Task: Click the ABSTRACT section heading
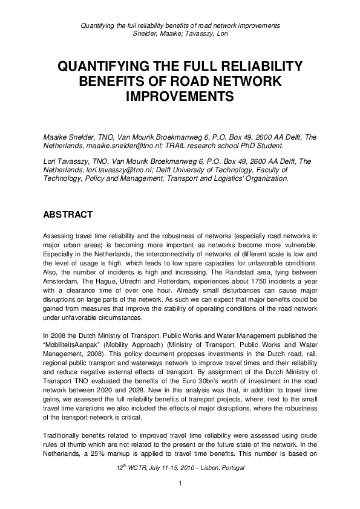tap(67, 215)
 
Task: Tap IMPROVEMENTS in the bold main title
tap(180, 96)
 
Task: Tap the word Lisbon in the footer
tap(205, 469)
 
